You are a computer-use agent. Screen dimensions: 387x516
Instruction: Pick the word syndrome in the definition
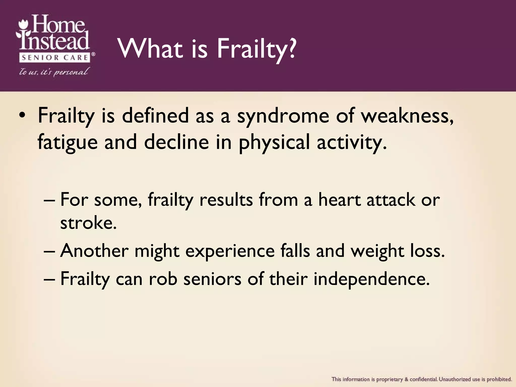(x=283, y=116)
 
